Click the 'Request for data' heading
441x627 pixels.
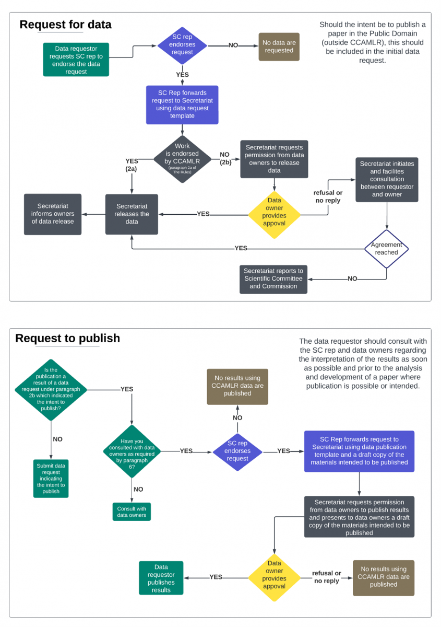pos(65,25)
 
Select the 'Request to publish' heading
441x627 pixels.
pos(67,338)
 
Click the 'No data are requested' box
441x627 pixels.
pos(279,47)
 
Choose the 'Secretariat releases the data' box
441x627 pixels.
pos(132,214)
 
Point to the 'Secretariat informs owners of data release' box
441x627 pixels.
pos(53,214)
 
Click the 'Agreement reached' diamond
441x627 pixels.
pos(387,249)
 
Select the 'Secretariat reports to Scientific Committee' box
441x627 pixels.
pos(273,278)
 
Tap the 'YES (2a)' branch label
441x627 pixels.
pos(132,165)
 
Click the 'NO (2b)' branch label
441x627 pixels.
pos(225,159)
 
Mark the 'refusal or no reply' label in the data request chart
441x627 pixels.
pos(328,197)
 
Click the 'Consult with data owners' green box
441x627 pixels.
pos(132,512)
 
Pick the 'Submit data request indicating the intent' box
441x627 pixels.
pos(52,478)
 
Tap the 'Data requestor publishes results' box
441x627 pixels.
pos(161,578)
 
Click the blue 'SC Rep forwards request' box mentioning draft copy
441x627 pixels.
pos(359,451)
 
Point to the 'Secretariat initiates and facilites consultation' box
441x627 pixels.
pos(387,179)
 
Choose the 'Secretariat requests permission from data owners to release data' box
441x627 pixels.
pos(274,159)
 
